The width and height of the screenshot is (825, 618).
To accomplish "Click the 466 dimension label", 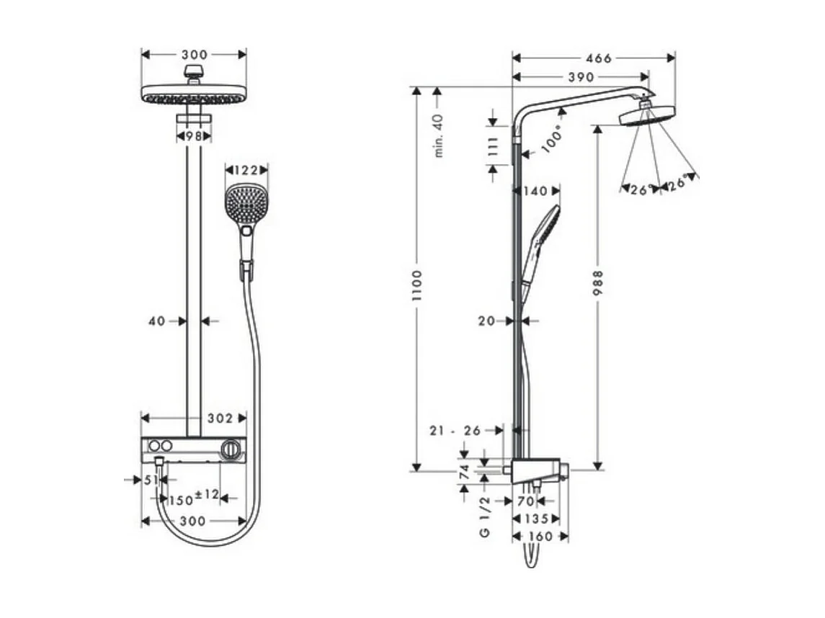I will tap(594, 58).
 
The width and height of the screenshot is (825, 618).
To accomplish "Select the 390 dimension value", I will tap(580, 77).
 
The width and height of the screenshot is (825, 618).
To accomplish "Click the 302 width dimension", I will tap(219, 418).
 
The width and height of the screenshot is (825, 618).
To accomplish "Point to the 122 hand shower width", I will tap(246, 170).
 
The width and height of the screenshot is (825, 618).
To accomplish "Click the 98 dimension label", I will tap(193, 135).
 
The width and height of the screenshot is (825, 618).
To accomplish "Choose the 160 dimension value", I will tap(540, 536).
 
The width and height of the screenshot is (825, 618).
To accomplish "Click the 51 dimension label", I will tap(150, 480).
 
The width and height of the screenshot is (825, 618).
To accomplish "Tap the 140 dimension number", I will tap(535, 191).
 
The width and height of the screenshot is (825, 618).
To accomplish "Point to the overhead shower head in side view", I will tap(647, 116).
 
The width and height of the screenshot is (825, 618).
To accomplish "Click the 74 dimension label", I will tap(465, 472).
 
